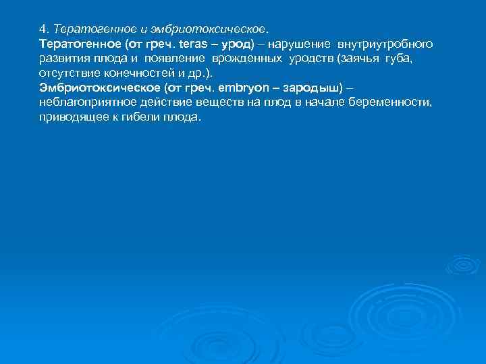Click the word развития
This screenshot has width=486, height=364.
62,58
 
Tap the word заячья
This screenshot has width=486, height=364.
358,58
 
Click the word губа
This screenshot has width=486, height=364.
398,58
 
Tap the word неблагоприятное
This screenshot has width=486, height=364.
83,102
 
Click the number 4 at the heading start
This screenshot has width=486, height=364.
43,30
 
